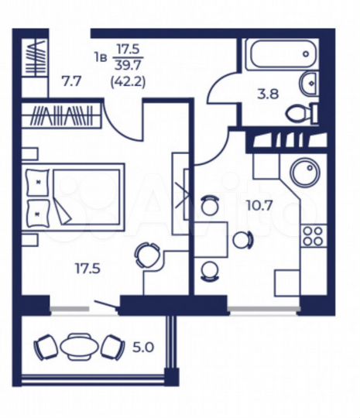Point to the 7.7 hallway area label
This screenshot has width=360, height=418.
pos(72,80)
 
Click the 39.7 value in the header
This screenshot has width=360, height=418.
pos(126,65)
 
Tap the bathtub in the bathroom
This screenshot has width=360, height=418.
pos(280,57)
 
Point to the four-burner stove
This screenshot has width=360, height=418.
pos(314,235)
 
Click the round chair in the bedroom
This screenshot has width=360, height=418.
pos(146,255)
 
